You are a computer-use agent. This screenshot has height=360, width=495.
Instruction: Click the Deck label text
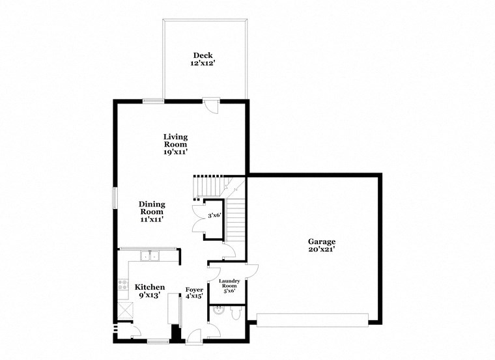coord(203,55)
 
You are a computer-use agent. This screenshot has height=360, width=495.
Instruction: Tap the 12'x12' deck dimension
coord(203,64)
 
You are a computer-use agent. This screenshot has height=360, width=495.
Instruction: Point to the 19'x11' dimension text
coord(175,152)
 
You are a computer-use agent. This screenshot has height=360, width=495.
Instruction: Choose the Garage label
coord(321,241)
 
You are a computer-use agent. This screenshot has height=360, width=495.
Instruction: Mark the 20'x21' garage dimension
coord(321,249)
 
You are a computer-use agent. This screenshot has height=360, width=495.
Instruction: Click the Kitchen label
coord(149,287)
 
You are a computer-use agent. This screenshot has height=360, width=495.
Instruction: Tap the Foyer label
coord(194,289)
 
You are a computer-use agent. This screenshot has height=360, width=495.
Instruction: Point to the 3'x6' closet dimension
coord(215,215)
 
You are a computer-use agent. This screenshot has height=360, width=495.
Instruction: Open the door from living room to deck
coord(211,105)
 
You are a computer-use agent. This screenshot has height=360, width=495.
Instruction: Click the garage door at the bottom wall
coord(313,319)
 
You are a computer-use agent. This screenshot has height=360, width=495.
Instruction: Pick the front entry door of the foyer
coord(193,336)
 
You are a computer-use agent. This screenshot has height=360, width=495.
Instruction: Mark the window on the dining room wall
coord(115,199)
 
